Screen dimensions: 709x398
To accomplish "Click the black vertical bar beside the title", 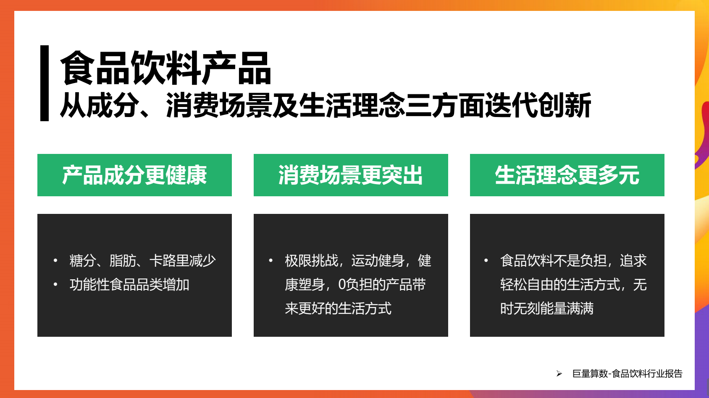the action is click(45, 83).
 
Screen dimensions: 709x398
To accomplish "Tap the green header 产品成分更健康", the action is click(134, 175).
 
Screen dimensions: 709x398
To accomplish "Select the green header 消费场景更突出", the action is click(351, 175).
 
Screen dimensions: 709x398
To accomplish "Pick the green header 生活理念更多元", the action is click(567, 175).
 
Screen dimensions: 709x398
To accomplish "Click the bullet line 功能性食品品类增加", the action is click(129, 285).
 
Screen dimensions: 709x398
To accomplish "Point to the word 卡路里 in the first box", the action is click(169, 261).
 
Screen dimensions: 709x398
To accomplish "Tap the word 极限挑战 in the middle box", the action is click(311, 261).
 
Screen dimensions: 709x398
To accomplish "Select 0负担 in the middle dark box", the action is click(355, 285).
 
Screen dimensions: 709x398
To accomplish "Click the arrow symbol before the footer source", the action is click(559, 374).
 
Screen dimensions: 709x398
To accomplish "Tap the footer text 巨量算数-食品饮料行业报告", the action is click(628, 374).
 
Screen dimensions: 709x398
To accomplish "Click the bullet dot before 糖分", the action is click(55, 261).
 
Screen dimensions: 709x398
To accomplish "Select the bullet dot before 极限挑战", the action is click(270, 261).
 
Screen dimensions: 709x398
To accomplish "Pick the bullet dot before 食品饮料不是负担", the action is click(486, 261).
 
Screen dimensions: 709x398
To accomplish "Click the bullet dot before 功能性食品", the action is click(55, 285).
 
